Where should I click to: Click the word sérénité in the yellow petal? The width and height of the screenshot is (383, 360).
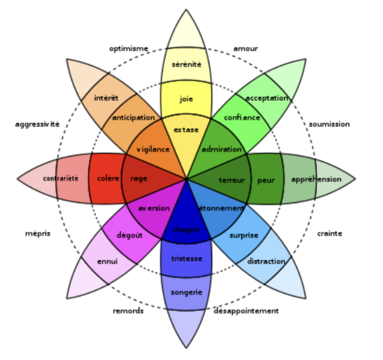pos(186,65)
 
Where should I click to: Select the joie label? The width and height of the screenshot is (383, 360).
pos(186,99)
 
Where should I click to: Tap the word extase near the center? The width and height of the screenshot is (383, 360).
pos(186,130)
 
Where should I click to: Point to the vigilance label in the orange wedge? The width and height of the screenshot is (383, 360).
pos(153,149)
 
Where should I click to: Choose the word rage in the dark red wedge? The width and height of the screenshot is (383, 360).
pos(139,179)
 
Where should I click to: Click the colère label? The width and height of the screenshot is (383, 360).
pos(108,178)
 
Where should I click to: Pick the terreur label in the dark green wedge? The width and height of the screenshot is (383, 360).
pos(232,180)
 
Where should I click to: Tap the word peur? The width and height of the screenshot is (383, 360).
pos(266,181)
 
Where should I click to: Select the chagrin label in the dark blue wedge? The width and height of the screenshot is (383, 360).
pos(186,230)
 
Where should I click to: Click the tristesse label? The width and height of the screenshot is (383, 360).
pos(186,259)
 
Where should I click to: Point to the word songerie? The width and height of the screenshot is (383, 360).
pos(186,292)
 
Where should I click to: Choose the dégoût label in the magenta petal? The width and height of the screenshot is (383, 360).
pos(130,235)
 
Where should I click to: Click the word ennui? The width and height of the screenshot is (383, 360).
pos(107,261)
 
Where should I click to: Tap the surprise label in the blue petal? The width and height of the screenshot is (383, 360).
pos(244,235)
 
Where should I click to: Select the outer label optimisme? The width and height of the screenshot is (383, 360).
pos(128,49)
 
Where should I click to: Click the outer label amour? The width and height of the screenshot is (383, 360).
pos(246,49)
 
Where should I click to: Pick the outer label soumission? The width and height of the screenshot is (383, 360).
pos(329,124)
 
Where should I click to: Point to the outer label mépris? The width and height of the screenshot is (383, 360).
pos(38,233)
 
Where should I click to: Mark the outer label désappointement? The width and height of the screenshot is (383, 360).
pos(246,311)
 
